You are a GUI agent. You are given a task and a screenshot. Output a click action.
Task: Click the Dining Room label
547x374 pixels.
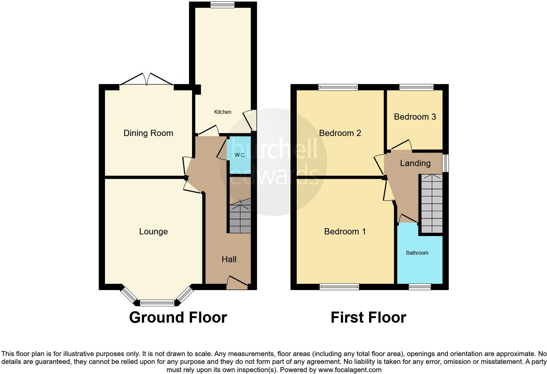tap(148, 133)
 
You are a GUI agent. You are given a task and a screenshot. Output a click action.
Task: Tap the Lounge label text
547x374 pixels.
tap(153, 231)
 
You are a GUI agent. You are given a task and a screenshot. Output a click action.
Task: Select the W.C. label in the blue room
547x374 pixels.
tap(240, 155)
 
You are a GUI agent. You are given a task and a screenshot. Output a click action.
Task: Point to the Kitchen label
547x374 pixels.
tap(222, 112)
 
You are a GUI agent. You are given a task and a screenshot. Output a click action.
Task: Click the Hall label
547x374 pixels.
tap(229, 259)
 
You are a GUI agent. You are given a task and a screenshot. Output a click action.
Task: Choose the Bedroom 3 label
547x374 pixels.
tap(415, 117)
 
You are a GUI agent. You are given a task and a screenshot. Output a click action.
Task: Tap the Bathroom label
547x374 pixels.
tap(417, 253)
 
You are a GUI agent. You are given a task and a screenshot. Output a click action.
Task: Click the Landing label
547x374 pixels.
tap(415, 163)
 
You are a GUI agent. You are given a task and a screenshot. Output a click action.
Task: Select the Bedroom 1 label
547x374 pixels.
tap(344, 231)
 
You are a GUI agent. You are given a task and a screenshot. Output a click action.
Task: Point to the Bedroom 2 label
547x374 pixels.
tap(340, 133)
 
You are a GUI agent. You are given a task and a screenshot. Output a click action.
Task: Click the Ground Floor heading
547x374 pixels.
tap(178, 317)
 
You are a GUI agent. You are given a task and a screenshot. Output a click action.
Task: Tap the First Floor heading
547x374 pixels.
tap(368, 317)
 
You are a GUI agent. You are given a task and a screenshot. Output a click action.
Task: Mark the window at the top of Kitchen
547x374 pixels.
tap(222, 5)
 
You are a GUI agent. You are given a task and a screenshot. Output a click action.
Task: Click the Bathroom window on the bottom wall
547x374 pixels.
tap(419, 287)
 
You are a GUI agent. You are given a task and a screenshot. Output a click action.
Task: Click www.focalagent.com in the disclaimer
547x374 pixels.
tap(350, 370)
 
